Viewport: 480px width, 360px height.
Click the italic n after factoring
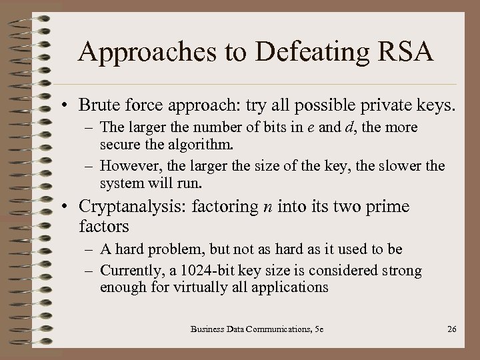point(267,207)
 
